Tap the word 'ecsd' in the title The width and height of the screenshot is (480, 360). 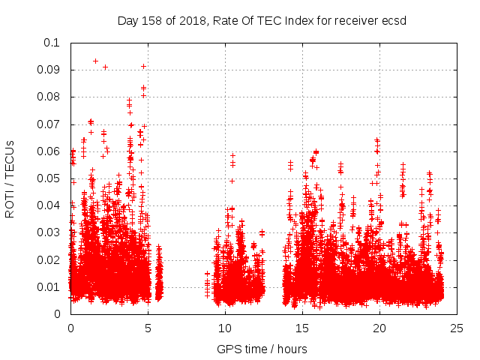pyautogui.click(x=393, y=21)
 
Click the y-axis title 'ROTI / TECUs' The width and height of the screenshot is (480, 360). pyautogui.click(x=10, y=178)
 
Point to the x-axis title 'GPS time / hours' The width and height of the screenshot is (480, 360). pyautogui.click(x=262, y=349)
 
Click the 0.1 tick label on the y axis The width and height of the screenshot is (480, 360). pyautogui.click(x=52, y=43)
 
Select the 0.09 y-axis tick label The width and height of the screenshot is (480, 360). pyautogui.click(x=49, y=70)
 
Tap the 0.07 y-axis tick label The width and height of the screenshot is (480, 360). pyautogui.click(x=49, y=124)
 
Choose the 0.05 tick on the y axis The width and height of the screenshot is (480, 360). pyautogui.click(x=49, y=178)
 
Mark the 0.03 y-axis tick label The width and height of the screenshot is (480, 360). pyautogui.click(x=49, y=232)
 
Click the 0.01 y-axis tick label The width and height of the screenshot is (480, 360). pyautogui.click(x=49, y=287)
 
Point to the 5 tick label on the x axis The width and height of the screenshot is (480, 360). pyautogui.click(x=148, y=328)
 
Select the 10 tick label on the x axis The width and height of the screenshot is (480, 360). pyautogui.click(x=225, y=328)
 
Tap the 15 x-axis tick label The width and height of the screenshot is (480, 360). pyautogui.click(x=302, y=328)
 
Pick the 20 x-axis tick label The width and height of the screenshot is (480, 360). pyautogui.click(x=379, y=328)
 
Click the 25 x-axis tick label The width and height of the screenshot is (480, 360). pyautogui.click(x=457, y=328)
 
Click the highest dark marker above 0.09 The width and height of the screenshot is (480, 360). pyautogui.click(x=95, y=61)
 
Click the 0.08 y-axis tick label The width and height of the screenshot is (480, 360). pyautogui.click(x=49, y=97)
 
